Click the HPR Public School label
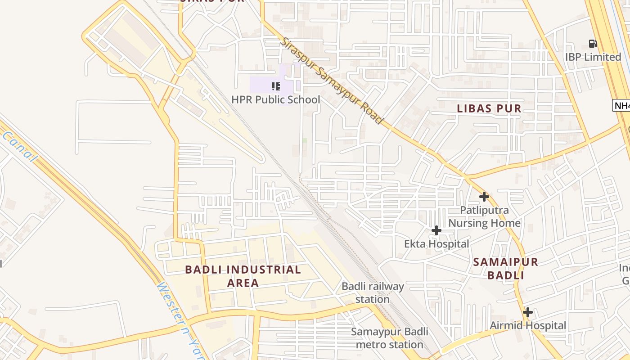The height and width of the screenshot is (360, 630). click(275, 99)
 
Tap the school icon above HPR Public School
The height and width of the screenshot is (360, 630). click(275, 86)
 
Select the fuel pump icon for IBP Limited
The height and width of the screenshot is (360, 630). click(593, 44)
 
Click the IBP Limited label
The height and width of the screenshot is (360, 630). click(593, 57)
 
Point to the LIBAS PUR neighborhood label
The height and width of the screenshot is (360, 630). click(489, 108)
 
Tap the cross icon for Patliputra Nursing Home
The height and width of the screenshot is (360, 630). click(484, 197)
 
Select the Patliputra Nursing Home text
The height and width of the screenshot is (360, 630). click(484, 216)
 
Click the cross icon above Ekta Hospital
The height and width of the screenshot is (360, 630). click(436, 231)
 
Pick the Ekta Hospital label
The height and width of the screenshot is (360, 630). click(436, 244)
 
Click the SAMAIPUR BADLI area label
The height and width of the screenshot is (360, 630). click(505, 269)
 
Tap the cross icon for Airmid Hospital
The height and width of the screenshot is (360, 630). click(528, 312)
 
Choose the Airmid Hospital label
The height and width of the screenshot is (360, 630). click(527, 325)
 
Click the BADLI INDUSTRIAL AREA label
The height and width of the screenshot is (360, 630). click(243, 276)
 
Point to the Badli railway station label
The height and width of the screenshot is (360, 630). click(373, 292)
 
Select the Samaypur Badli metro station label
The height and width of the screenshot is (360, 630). click(389, 338)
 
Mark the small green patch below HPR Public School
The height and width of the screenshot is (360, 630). click(305, 140)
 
